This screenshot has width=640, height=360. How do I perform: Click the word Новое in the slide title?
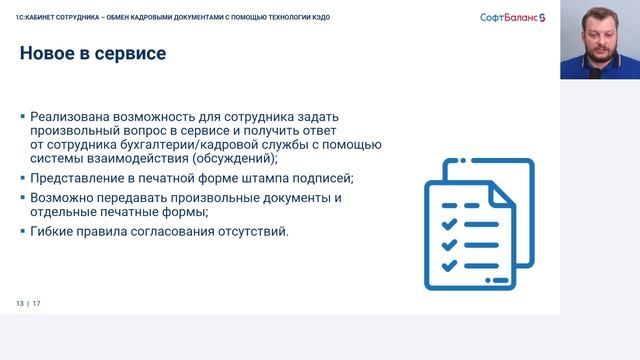(x=49, y=54)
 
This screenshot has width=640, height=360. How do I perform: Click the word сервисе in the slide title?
(x=131, y=54)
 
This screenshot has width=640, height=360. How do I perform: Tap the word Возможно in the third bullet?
(x=64, y=198)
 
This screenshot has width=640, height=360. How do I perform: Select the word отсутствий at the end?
(x=251, y=232)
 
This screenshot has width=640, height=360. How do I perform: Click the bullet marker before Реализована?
(x=22, y=117)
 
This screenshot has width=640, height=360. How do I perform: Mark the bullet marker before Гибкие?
(x=22, y=232)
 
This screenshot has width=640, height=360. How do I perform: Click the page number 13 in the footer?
(x=19, y=304)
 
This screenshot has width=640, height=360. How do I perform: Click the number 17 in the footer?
(x=37, y=304)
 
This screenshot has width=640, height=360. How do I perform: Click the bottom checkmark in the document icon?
(x=451, y=265)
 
